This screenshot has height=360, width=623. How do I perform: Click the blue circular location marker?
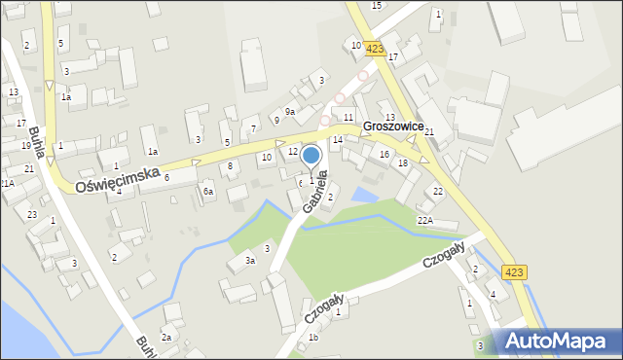tap(311, 156)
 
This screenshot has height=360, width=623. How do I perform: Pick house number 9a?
tap(289, 112)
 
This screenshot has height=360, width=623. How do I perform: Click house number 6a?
tap(208, 192)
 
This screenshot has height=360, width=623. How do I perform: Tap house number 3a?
tap(250, 260)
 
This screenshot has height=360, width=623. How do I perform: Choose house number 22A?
tap(425, 220)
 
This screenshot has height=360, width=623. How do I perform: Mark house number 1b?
tap(313, 338)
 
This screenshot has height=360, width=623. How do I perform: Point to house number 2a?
tap(166, 337)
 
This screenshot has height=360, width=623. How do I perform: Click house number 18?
tap(403, 162)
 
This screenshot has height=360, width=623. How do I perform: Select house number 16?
tap(385, 154)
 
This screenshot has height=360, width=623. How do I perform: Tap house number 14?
tap(338, 140)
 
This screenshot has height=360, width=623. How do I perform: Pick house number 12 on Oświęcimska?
tap(293, 151)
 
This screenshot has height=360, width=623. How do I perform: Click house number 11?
tap(348, 117)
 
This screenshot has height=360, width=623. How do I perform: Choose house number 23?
tap(32, 214)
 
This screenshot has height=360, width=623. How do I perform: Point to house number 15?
tap(377, 5)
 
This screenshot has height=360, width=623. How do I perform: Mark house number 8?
tap(230, 166)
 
